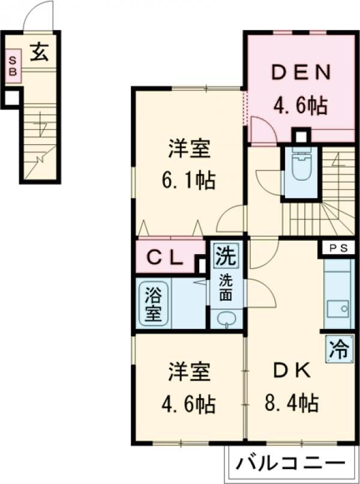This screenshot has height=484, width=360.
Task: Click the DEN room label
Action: [x=301, y=73]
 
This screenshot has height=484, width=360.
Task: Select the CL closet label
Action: [x=166, y=258]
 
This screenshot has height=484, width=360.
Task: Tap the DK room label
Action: [x=292, y=372]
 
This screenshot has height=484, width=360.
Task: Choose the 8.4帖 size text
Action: [x=293, y=403]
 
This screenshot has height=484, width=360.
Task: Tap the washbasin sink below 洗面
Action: [x=226, y=319]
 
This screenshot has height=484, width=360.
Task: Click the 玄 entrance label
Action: [x=40, y=53]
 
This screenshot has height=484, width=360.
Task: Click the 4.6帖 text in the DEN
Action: [x=301, y=106]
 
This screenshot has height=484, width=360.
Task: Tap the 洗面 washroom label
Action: [x=226, y=286]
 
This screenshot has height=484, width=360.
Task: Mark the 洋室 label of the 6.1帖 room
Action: [x=190, y=149]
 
